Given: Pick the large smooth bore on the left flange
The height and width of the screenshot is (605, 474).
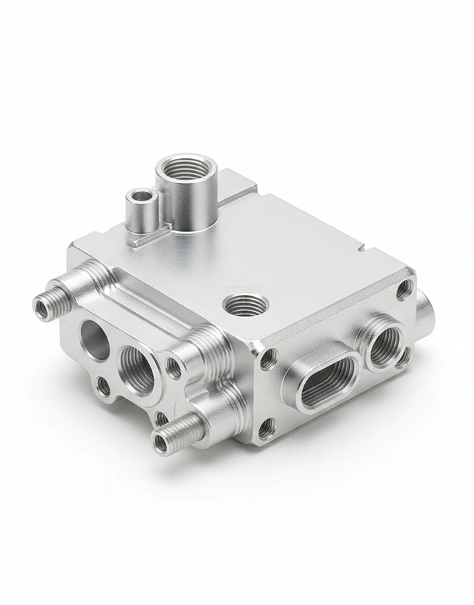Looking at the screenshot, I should point(96,340).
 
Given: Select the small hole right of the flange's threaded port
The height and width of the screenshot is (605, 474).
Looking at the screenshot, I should point(175,369).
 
